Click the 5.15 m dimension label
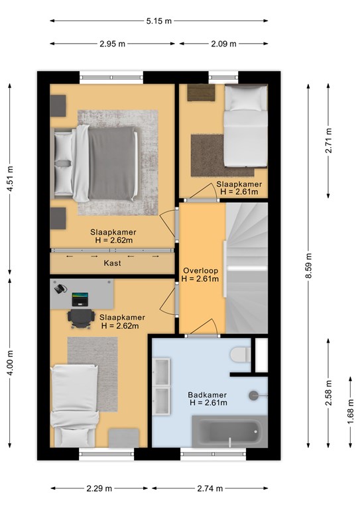tap(158, 21)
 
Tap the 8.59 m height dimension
tap(309, 266)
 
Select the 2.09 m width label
tap(223, 44)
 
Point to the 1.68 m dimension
tap(351, 412)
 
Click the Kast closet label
tap(112, 263)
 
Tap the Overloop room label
tap(201, 270)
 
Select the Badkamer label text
tap(208, 395)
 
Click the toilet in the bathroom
tap(240, 355)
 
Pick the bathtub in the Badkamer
tap(230, 431)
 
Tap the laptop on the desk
tap(80, 300)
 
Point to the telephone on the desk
tap(60, 288)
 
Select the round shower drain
tap(253, 396)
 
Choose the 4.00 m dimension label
tap(10, 363)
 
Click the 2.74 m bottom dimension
tap(210, 488)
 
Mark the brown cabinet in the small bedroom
tap(202, 93)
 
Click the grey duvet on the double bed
tap(112, 163)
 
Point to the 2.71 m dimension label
tap(329, 141)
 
